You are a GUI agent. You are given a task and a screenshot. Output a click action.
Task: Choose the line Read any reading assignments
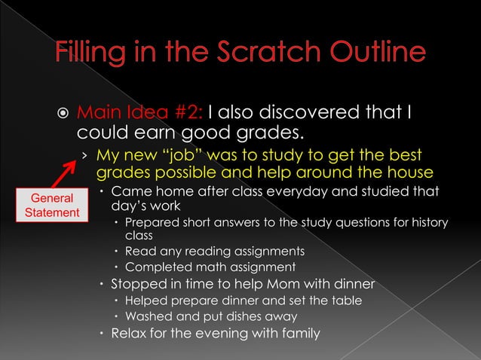tap(214, 251)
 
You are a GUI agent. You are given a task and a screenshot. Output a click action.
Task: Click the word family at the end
tap(299, 334)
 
